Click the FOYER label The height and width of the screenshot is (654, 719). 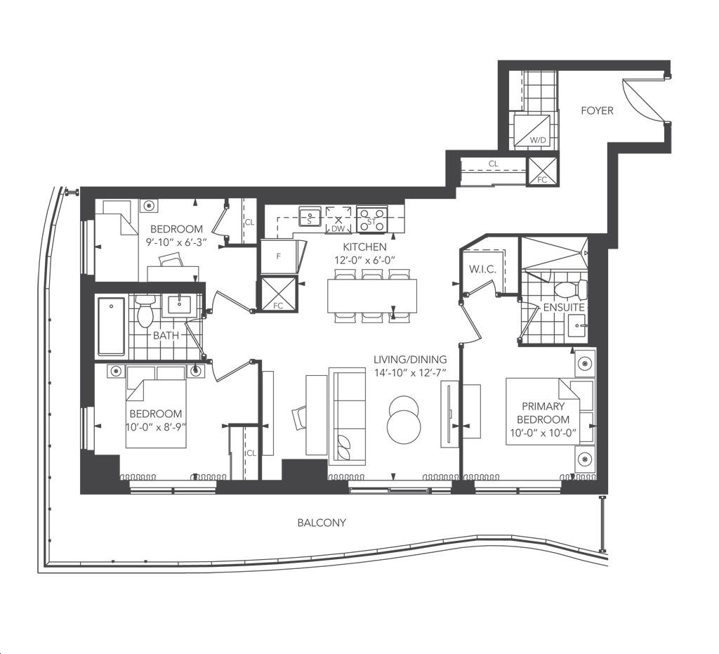[597, 110]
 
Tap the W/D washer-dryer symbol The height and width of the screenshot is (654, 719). [532, 131]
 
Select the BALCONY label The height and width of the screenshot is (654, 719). [322, 523]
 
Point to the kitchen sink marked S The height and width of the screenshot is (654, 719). [310, 216]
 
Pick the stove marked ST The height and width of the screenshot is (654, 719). [372, 218]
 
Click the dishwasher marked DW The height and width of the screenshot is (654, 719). [338, 219]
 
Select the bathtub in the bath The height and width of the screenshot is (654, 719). [111, 327]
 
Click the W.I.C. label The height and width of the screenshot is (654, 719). [482, 269]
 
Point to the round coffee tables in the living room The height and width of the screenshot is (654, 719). [404, 419]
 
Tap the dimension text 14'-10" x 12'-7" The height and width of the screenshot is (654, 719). [410, 373]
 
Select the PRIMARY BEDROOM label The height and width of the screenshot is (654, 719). [543, 413]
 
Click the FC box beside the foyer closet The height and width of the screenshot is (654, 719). [543, 171]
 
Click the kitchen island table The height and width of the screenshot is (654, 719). [372, 296]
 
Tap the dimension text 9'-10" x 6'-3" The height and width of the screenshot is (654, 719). [176, 242]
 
